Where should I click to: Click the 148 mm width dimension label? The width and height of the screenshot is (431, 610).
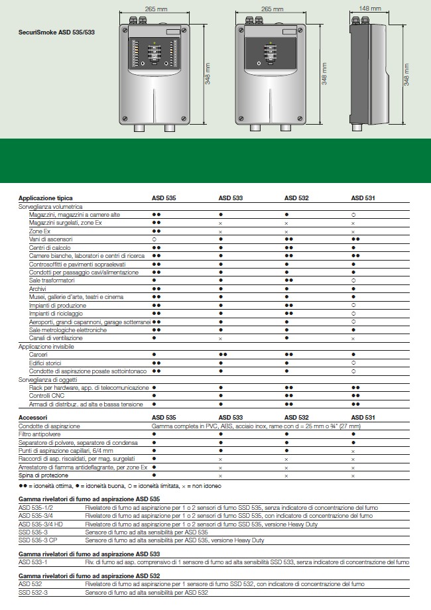coord(369,9)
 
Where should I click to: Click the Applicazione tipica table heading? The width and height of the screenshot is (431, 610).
coord(46,198)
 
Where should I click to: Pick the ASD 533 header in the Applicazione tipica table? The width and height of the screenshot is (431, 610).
coord(231,198)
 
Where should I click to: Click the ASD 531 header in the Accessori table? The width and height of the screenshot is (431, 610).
coord(363,418)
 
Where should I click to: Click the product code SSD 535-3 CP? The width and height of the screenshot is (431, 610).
coord(38,540)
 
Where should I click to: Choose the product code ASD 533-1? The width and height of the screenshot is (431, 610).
coord(32,562)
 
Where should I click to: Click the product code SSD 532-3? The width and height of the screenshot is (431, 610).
coord(32,592)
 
